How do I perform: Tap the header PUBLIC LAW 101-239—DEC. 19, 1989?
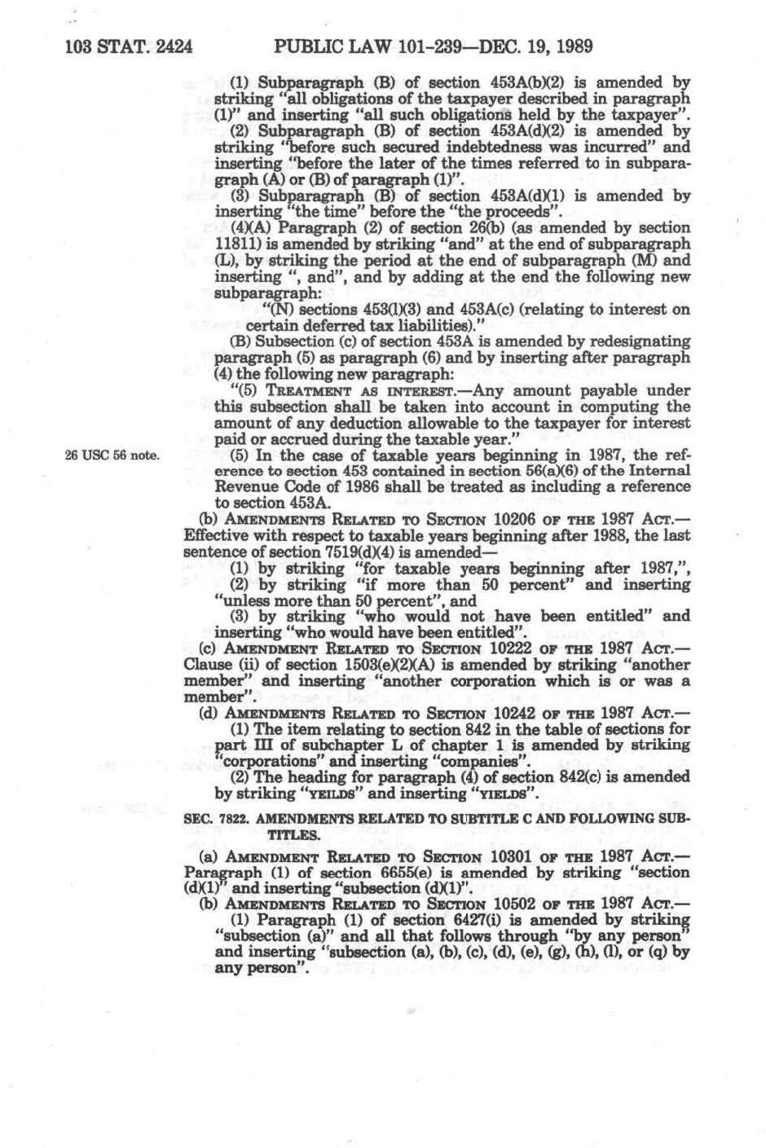[x=434, y=46]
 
